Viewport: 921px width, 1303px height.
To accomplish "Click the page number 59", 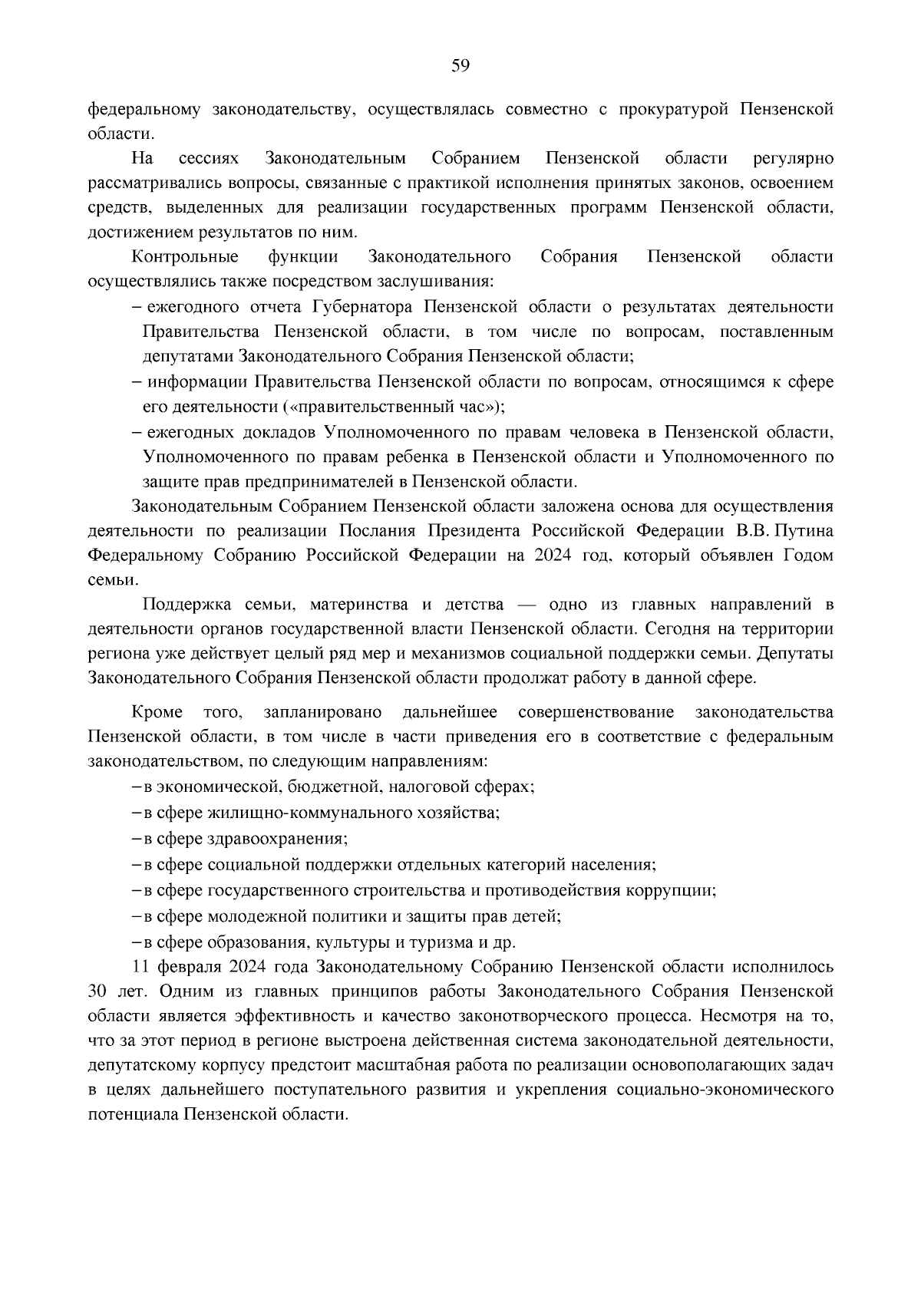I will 460,66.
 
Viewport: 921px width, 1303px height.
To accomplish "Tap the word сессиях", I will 208,159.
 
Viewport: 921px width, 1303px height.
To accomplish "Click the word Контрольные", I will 185,256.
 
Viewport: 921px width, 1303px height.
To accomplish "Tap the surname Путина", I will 804,531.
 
